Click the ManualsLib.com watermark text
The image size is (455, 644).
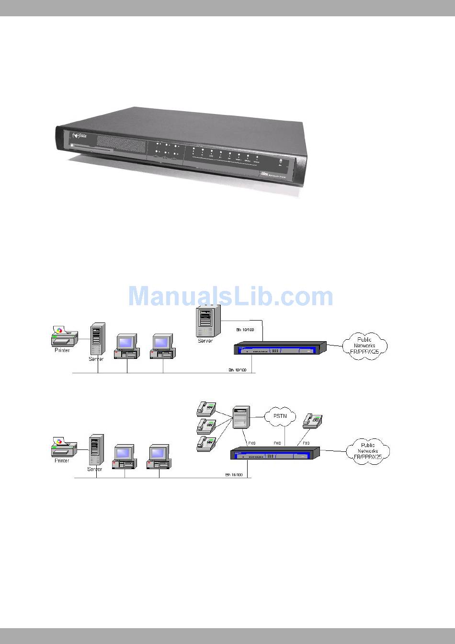point(230,296)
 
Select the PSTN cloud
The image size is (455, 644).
point(280,416)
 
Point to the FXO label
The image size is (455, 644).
point(277,444)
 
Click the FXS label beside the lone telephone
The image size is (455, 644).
point(306,444)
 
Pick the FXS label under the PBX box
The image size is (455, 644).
point(251,444)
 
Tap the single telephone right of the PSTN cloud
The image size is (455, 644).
point(312,420)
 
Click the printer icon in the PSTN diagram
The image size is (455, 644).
point(62,447)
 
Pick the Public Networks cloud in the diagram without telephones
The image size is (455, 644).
point(364,345)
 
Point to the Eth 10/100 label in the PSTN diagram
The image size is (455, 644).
point(234,475)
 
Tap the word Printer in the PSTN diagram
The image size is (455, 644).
point(61,460)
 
